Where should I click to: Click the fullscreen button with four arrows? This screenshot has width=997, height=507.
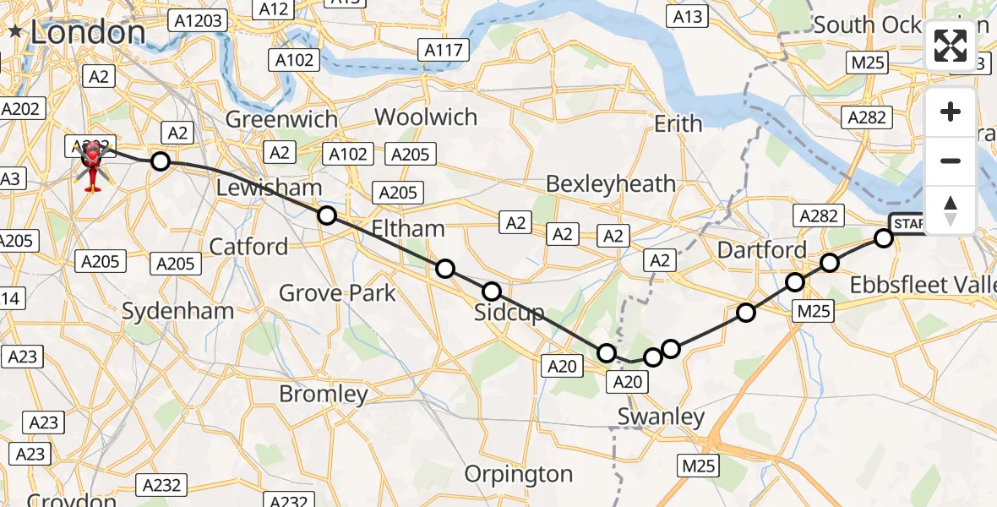point(951,46)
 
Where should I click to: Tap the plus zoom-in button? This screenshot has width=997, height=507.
point(951,112)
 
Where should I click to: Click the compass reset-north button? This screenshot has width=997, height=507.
point(951,210)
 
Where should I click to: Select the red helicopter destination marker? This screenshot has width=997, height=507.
point(90,161)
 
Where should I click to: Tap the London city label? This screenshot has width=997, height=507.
point(87,32)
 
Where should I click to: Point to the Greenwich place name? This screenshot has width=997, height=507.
point(281,119)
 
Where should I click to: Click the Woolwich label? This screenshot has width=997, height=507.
point(426,117)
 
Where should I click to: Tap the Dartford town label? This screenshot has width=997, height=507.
point(762,250)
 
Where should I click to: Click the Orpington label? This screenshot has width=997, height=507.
point(519,474)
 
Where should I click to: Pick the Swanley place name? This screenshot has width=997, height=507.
point(661,416)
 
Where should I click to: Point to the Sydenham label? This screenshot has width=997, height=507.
point(177,311)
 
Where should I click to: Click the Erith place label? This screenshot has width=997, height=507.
point(678,124)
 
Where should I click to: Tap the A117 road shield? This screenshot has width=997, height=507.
point(443,50)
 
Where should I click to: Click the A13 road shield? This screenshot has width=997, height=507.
point(687,16)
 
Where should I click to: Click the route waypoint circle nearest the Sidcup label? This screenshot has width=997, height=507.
point(492,292)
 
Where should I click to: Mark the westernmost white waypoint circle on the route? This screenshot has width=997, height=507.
point(160,161)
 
